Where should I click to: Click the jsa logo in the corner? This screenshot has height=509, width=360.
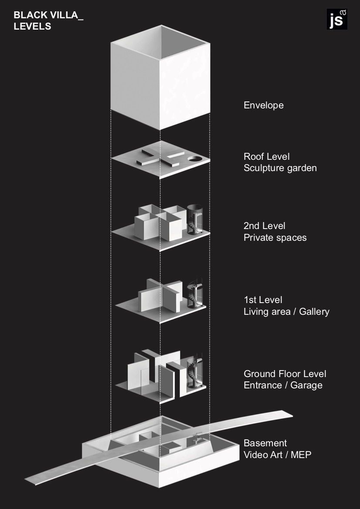pos(336,19)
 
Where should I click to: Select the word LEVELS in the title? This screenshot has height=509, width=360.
pos(32,27)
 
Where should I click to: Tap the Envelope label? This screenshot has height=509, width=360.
pos(263,105)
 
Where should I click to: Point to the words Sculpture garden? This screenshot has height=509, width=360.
pos(280,168)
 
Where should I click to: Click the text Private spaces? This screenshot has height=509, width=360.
pos(275,238)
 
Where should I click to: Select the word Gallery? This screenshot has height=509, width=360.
pos(314,312)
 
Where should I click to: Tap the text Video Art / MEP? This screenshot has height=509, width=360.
pos(277,455)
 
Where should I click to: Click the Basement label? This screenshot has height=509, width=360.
pos(265,443)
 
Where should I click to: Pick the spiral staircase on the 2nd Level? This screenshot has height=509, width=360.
pos(194,219)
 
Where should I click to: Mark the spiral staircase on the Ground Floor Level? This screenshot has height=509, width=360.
pos(194,370)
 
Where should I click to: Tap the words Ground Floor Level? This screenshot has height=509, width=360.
pos(285,374)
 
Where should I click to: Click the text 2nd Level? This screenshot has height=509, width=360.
pos(264,226)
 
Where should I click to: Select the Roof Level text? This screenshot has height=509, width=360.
pos(266,157)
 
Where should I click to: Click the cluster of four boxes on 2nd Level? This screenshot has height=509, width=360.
pos(157,221)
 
